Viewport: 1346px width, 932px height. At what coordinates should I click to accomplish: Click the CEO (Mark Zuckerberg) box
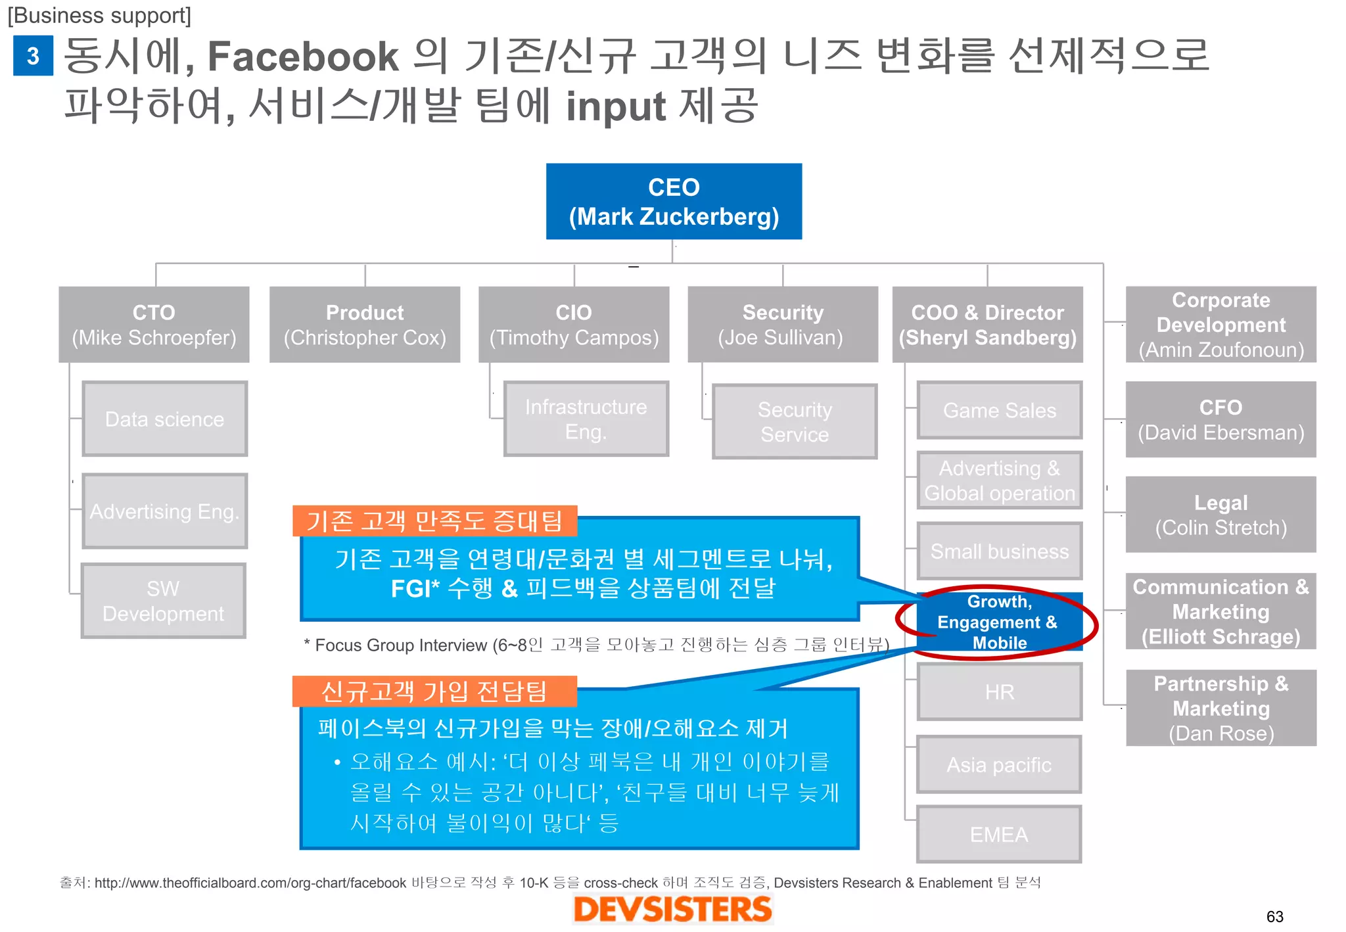point(674,201)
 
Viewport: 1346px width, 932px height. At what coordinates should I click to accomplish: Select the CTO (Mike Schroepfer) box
point(154,324)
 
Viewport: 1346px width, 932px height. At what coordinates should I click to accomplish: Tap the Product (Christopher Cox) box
point(365,324)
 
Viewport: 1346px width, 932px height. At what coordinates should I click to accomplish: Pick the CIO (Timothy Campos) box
point(574,324)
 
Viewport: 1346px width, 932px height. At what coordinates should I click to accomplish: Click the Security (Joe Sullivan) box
point(782,324)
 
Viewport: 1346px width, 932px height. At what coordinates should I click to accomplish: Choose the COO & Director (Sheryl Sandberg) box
point(987,324)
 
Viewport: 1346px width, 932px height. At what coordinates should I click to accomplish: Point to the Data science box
point(164,419)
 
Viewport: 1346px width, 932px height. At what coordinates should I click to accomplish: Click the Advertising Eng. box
point(164,511)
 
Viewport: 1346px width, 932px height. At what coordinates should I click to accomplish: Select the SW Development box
point(163,601)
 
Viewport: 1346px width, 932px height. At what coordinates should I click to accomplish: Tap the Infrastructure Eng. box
point(586,419)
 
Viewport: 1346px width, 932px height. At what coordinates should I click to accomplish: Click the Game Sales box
point(999,410)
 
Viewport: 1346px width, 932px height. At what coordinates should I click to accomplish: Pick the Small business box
point(999,551)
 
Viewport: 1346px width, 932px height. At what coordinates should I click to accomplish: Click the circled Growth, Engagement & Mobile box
point(998,622)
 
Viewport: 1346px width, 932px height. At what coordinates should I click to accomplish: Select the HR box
point(999,691)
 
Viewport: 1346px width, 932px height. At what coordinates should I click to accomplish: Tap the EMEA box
point(999,834)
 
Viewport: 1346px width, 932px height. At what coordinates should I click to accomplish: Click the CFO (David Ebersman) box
point(1220,419)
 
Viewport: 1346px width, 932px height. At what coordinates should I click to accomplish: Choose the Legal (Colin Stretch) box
point(1220,515)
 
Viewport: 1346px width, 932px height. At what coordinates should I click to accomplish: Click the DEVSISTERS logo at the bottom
point(672,909)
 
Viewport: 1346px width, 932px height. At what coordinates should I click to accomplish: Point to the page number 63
point(1274,916)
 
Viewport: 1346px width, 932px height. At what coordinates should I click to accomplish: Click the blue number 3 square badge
point(33,56)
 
